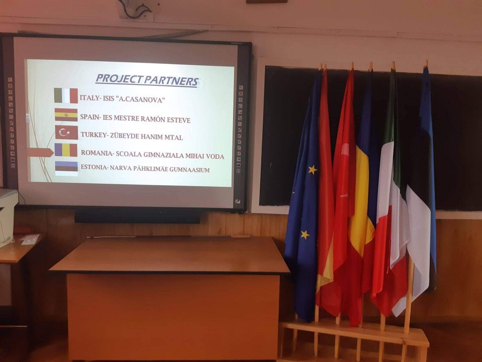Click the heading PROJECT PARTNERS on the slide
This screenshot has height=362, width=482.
[147, 80]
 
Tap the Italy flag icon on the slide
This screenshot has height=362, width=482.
[66, 95]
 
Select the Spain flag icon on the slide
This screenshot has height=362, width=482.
[66, 115]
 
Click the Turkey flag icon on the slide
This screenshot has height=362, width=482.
[66, 132]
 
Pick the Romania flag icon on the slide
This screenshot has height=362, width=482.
[66, 150]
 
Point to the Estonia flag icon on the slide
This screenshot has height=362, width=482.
[66, 168]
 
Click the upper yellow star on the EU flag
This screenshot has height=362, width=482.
[313, 169]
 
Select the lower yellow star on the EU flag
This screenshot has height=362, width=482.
[305, 235]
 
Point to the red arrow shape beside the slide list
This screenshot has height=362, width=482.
[40, 152]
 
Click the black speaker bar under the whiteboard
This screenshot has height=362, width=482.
[137, 216]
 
